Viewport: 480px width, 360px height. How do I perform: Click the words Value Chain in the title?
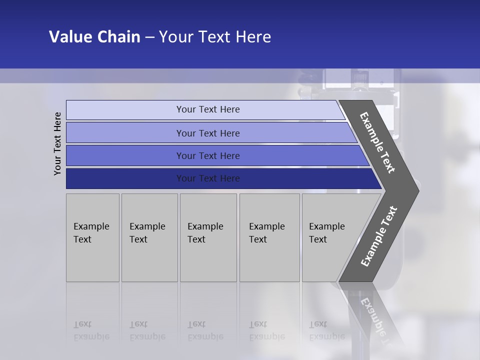[94, 37]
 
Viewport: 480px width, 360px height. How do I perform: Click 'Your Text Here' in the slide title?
[215, 37]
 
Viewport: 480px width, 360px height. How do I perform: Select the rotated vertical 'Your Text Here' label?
[57, 143]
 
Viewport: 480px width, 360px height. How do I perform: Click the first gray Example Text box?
[92, 237]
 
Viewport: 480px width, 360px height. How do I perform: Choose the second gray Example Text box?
[149, 237]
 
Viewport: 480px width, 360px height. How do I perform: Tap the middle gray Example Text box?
[208, 237]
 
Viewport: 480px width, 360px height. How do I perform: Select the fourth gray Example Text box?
[269, 237]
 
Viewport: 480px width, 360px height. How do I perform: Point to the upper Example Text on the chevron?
[377, 142]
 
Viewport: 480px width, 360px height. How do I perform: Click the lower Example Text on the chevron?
[379, 236]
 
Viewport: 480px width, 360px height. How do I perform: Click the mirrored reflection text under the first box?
[91, 330]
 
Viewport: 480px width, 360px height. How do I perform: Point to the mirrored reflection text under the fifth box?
[326, 330]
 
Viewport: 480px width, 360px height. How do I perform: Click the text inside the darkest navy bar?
[208, 178]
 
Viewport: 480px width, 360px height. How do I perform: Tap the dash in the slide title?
[149, 37]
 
